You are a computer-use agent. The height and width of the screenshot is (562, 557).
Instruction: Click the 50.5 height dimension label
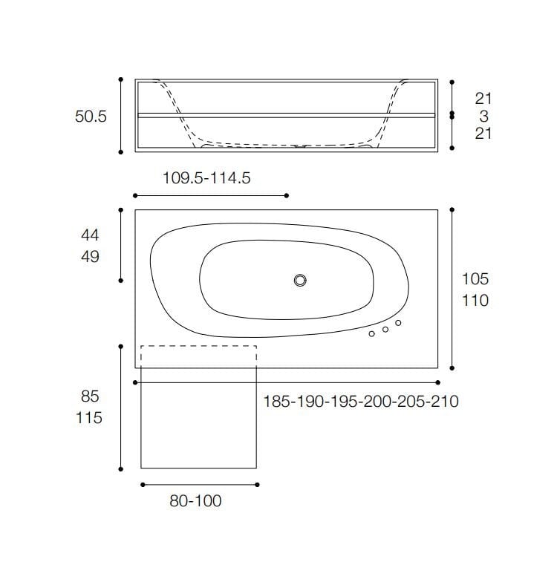(91, 117)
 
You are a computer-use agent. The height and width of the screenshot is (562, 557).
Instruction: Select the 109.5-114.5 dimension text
(206, 177)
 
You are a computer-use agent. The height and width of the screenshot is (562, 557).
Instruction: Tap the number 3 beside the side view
(484, 116)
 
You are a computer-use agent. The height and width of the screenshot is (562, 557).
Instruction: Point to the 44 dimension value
(90, 235)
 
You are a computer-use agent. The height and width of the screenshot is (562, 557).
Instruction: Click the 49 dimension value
(90, 257)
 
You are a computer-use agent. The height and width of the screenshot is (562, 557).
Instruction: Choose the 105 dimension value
(475, 279)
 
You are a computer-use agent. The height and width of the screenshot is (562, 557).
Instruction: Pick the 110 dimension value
(475, 301)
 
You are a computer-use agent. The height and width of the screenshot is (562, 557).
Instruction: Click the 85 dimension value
(90, 396)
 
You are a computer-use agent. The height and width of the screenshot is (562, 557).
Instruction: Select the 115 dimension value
(89, 418)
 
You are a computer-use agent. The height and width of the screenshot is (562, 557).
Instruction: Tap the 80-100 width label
(195, 500)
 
